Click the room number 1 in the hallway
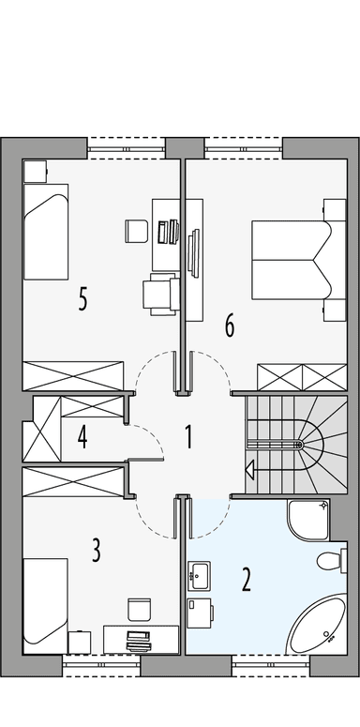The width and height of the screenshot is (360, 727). tap(188, 436)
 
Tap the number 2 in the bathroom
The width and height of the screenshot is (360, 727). tap(246, 579)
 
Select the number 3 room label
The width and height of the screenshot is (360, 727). tap(96, 551)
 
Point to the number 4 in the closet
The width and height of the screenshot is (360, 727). tap(82, 437)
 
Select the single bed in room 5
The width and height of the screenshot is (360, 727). tap(46, 231)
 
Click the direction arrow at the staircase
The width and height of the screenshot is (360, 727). tap(250, 468)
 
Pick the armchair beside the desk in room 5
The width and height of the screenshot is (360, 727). tap(160, 294)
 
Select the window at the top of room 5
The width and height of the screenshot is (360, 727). tap(126, 143)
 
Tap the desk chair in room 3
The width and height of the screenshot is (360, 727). tap(139, 608)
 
